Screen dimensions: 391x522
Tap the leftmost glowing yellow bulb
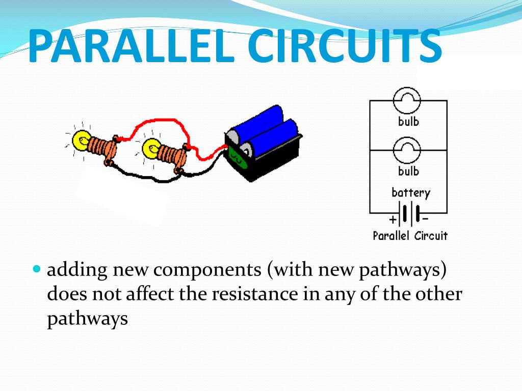[x=81, y=139]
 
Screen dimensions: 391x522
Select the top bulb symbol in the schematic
[x=407, y=100]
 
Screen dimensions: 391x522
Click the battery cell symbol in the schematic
[x=407, y=213]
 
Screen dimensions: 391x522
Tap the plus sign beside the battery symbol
[x=393, y=220]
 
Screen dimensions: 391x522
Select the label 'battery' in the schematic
[x=410, y=193]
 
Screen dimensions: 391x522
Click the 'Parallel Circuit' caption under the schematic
[x=410, y=236]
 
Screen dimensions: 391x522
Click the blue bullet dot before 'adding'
[x=37, y=268]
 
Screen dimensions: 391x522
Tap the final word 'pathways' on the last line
[x=87, y=319]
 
